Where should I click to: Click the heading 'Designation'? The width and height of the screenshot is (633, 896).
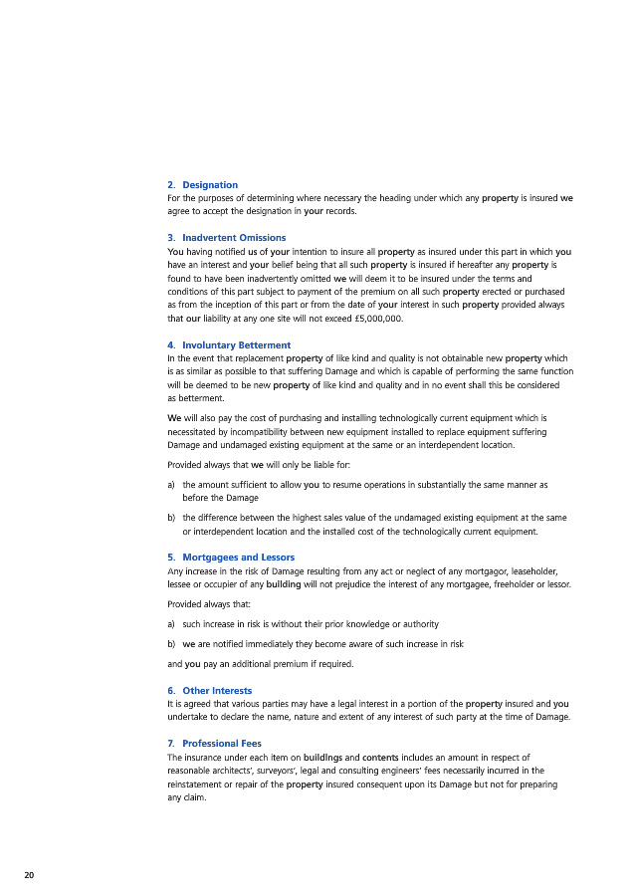tap(210, 185)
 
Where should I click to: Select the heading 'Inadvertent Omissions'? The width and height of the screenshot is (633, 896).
tap(234, 238)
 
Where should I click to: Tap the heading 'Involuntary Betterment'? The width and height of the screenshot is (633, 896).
tap(236, 345)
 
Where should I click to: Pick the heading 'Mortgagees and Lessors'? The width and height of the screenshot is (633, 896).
tap(238, 557)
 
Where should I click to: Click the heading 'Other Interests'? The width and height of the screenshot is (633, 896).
tap(217, 690)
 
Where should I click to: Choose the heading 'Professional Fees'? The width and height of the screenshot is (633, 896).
tap(223, 744)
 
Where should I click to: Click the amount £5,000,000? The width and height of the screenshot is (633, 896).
tap(375, 319)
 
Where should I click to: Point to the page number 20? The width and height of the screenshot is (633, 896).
tap(29, 874)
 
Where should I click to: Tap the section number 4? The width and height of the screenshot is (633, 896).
tap(170, 345)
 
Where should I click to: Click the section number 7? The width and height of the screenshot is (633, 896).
tap(170, 744)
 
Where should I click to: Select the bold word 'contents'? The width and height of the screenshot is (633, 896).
tap(382, 758)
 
